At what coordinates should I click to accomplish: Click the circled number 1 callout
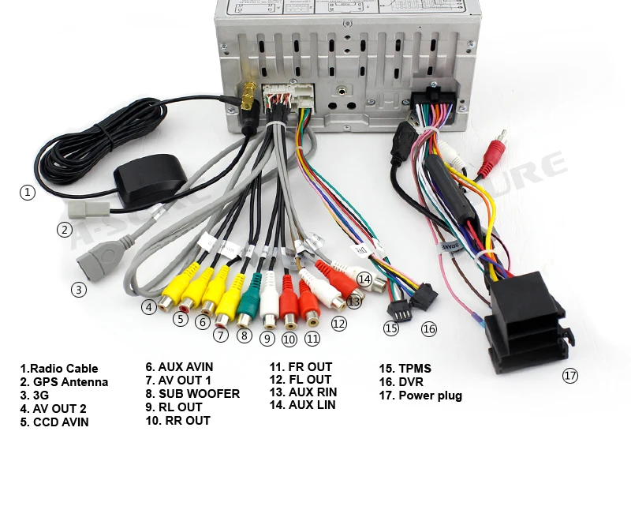[28, 192]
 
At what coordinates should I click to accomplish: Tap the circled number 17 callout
[570, 376]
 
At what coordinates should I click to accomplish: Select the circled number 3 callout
[78, 290]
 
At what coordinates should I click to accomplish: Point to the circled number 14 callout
[364, 279]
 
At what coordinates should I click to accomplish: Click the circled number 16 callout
[428, 328]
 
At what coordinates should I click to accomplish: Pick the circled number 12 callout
[338, 323]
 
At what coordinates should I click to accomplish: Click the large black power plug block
[526, 324]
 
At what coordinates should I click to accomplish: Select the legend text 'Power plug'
[430, 396]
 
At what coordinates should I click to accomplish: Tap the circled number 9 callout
[267, 339]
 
